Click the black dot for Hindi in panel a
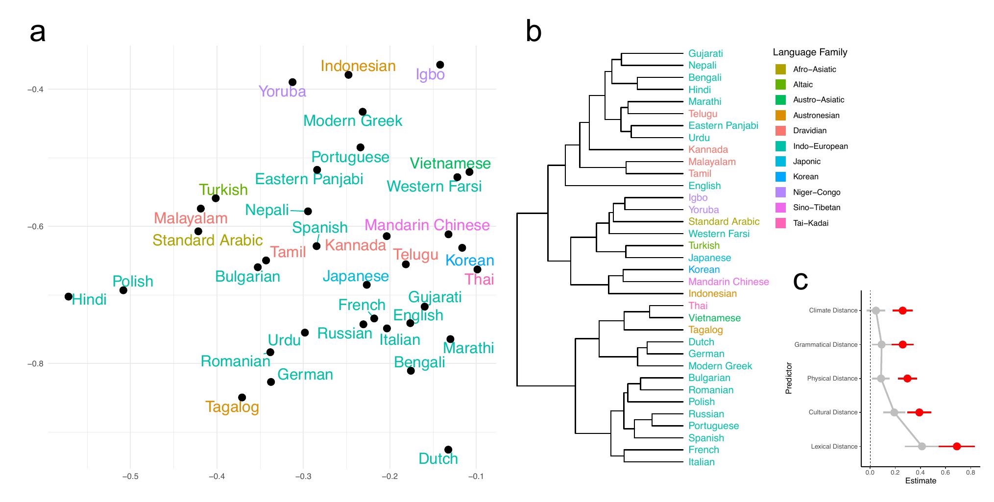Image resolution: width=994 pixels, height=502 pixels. pos(69,297)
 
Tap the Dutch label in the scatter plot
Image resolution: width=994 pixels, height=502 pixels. pos(438,459)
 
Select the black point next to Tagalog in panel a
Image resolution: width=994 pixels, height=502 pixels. pos(242,398)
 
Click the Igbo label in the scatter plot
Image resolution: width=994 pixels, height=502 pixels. pos(430,74)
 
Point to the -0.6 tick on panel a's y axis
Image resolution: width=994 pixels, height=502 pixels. pos(35,226)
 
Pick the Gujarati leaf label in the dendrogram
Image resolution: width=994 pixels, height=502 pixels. pos(705,53)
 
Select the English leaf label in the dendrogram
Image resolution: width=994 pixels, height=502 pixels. pos(704,186)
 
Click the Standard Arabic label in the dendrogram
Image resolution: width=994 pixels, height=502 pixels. pos(724,221)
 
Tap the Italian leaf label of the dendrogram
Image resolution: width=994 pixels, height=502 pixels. pos(701,462)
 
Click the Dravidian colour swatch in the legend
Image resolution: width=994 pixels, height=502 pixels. pos(780,131)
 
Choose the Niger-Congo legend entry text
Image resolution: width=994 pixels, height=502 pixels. pos(816,192)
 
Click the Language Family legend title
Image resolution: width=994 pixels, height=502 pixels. pos(810,52)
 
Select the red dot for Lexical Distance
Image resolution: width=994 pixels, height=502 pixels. pos(957,446)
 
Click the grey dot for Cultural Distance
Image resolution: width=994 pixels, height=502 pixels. pos(894,412)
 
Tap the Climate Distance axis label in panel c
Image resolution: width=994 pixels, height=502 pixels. pos(833,311)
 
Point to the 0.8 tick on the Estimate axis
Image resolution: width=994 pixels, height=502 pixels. pos(970,473)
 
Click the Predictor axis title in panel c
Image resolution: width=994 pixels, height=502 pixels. pos(789,378)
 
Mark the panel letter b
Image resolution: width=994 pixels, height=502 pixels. pos(533,32)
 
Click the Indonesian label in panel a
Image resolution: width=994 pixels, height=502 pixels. pos(358,66)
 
